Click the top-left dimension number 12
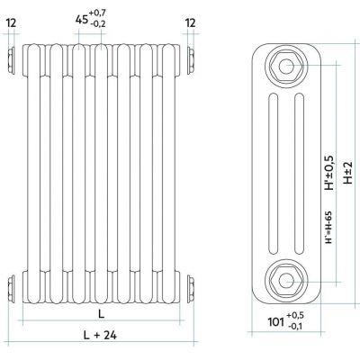point(11,22)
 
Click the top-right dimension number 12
point(191,22)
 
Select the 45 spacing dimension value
point(82,20)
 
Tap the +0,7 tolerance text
point(97,13)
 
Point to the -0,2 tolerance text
point(97,23)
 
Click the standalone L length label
point(102,314)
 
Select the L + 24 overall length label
point(100,335)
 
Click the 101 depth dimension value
point(275,322)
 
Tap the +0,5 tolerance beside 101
point(295,315)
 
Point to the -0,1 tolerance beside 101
point(295,326)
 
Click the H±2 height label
point(348,173)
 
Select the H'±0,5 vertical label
point(329,173)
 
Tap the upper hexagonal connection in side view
point(286,66)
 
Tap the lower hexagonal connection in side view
point(286,281)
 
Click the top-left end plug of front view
point(11,60)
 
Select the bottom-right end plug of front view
point(191,288)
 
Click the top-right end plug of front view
point(191,60)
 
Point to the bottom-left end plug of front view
point(11,288)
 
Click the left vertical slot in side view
point(274,174)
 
